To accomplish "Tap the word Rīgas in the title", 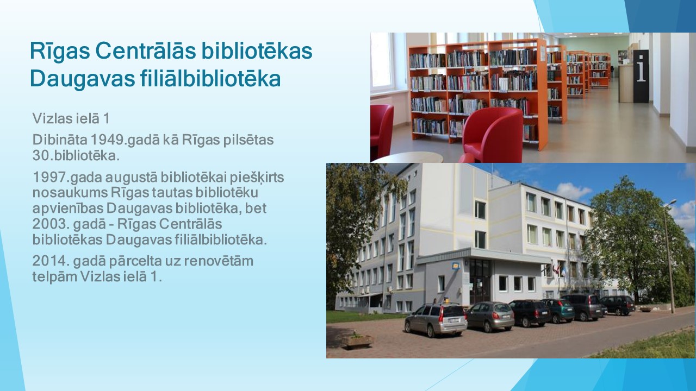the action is click(x=60, y=52).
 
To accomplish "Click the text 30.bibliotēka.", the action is click(x=76, y=156).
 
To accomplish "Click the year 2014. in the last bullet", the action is click(x=51, y=261).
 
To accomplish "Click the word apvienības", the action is click(x=68, y=209).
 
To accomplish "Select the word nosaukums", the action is click(x=70, y=193).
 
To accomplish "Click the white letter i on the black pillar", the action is click(x=641, y=68).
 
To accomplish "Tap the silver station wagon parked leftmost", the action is click(x=436, y=319).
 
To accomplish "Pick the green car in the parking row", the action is click(x=558, y=310).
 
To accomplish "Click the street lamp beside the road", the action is click(x=669, y=256).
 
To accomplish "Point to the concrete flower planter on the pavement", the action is click(x=357, y=340).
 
